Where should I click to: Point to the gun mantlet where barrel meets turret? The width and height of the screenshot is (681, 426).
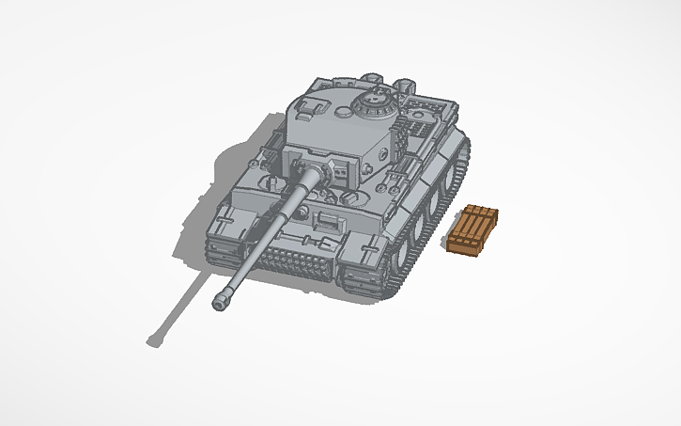307,175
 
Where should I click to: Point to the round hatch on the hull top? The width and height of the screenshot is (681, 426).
354,199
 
